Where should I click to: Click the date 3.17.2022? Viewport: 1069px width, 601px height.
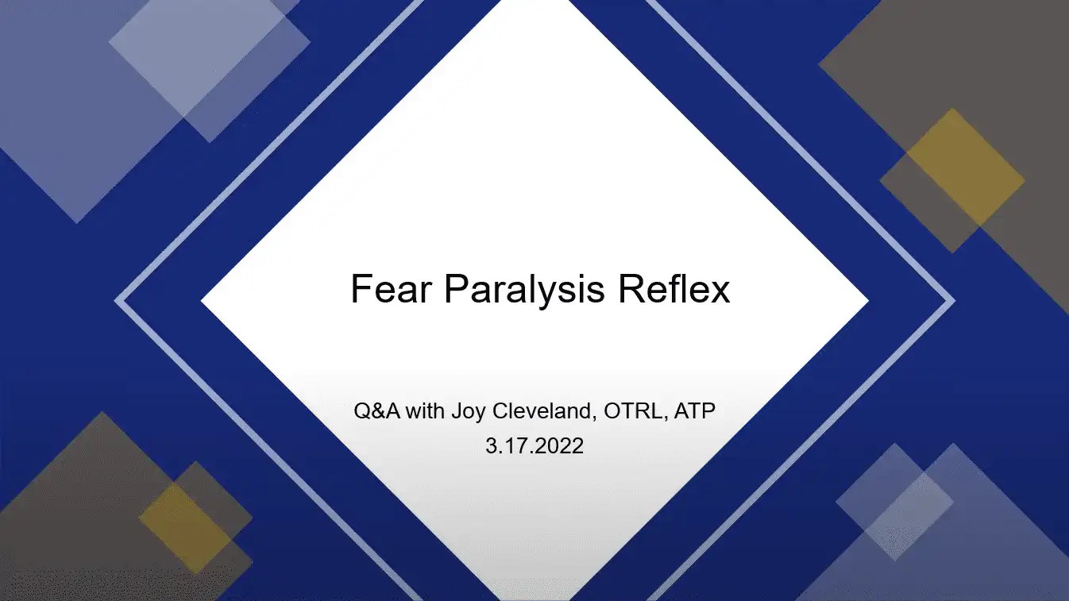point(534,445)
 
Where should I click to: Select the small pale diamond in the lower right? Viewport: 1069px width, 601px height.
point(894,501)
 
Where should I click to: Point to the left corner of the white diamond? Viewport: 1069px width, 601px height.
point(203,301)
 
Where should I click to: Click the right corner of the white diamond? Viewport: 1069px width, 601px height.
point(866,301)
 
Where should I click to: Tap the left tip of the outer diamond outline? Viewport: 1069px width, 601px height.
point(118,301)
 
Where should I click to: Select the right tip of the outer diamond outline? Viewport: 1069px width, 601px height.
point(952,301)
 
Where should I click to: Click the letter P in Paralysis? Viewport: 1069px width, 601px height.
point(455,290)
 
